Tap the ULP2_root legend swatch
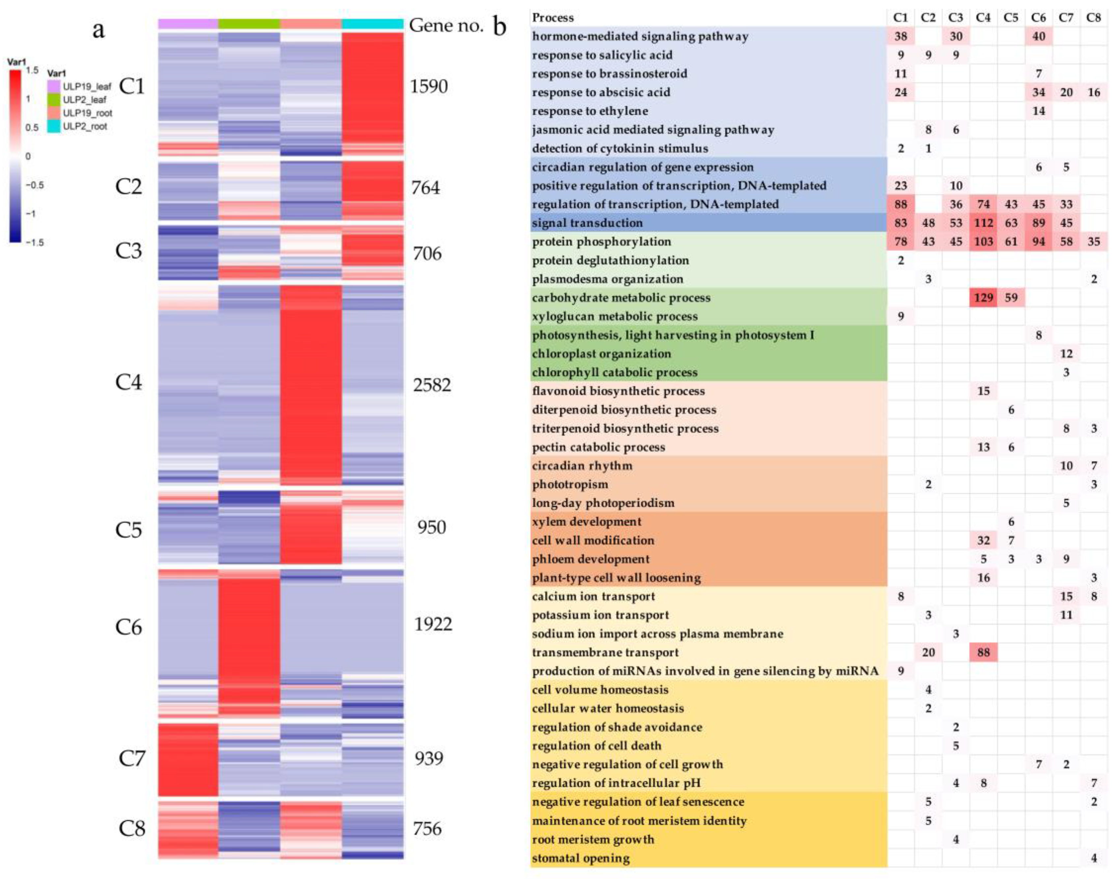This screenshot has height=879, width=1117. [x=53, y=127]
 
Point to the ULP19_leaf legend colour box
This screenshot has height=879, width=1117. [x=53, y=86]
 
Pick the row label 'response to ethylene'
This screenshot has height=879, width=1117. [x=589, y=111]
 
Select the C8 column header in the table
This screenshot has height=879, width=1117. [x=1093, y=17]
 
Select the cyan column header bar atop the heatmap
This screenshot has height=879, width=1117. [x=372, y=24]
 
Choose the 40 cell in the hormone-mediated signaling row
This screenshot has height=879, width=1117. [x=1038, y=36]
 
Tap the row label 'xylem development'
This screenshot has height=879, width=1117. [x=586, y=521]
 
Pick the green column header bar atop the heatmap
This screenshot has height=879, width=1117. [x=249, y=24]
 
